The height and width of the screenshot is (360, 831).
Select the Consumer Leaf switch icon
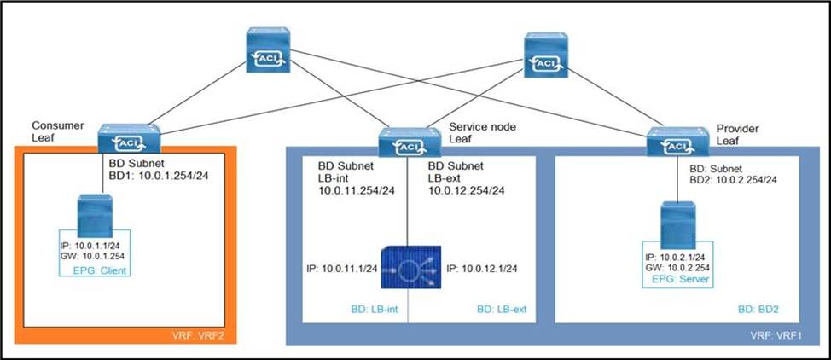pos(128,140)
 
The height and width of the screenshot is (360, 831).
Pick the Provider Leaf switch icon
pos(676,142)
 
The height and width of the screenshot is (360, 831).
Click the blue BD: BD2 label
pos(758,309)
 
